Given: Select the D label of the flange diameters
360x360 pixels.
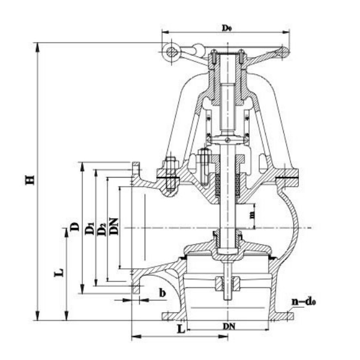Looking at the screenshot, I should [74, 226].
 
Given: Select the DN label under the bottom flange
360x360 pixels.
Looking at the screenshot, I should [230, 326].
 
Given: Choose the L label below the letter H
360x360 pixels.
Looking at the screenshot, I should [59, 274].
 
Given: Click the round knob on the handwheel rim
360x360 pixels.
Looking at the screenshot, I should [172, 53].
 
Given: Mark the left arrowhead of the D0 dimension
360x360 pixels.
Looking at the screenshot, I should [163, 34].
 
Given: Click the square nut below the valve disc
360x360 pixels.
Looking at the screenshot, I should [229, 281].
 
